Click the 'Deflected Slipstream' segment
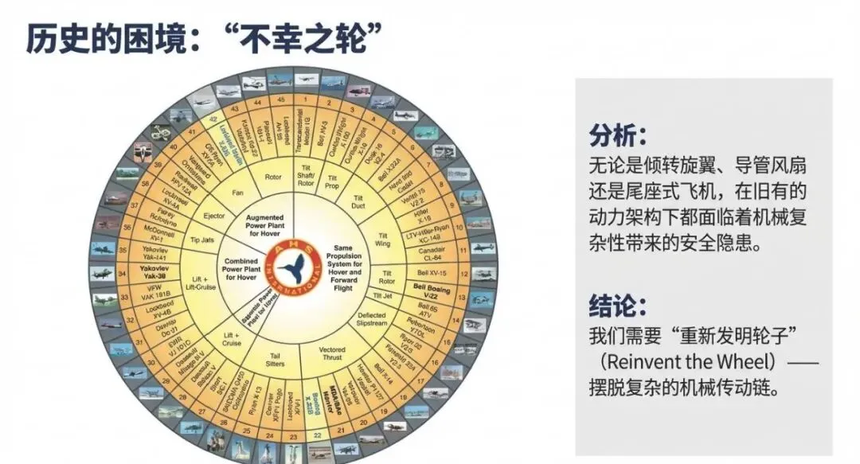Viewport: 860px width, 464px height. (373, 320)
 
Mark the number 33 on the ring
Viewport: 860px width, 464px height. (130, 296)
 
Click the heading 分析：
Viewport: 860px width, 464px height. (618, 135)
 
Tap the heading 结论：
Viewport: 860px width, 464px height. (618, 305)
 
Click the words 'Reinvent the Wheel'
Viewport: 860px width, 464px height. (690, 362)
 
